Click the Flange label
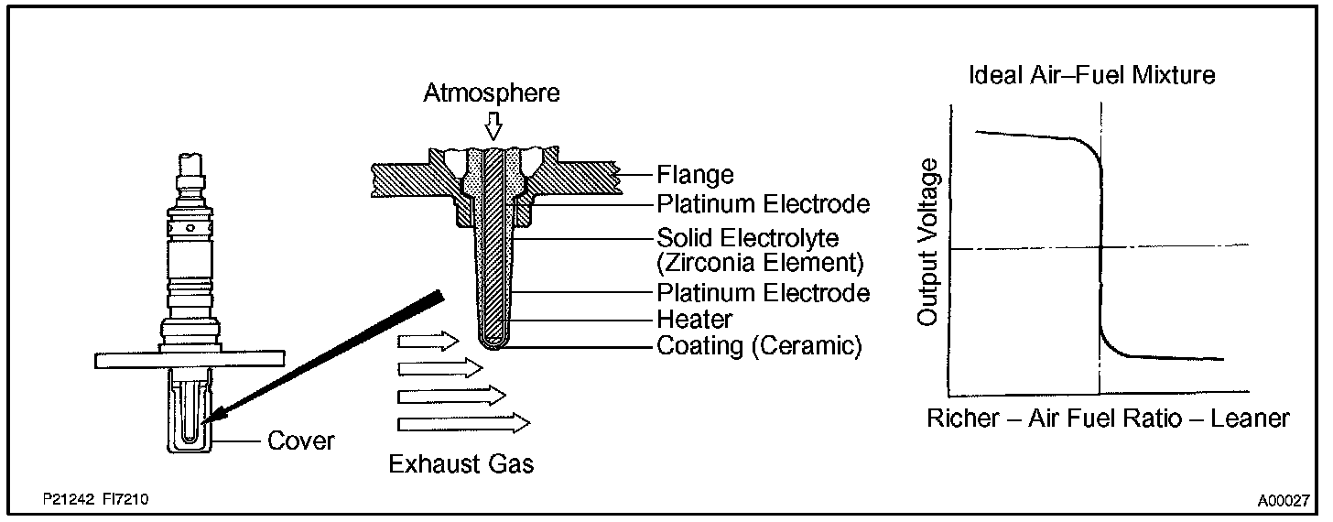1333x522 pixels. pos(695,174)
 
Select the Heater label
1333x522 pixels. pos(695,320)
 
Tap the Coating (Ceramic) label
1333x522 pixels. pos(759,347)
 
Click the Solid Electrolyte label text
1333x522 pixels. pos(748,238)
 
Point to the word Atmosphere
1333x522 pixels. pos(492,92)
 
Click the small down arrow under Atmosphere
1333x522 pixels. pos(493,125)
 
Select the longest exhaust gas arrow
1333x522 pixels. pos(464,422)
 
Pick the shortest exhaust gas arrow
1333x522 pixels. pos(428,342)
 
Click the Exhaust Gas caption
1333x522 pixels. pos(461,464)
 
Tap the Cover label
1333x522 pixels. pos(300,441)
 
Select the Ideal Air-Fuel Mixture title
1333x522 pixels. pos(1092,75)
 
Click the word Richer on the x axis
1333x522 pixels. pos(963,419)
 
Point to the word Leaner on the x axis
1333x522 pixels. pos(1250,419)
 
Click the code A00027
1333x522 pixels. pos(1283,501)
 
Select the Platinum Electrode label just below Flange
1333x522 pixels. pos(763,203)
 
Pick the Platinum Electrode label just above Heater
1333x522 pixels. pos(763,293)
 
